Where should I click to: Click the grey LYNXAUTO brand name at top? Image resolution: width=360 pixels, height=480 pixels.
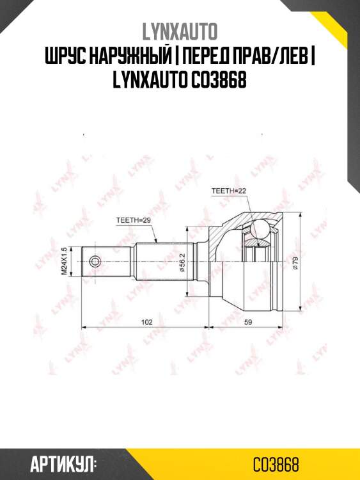180,31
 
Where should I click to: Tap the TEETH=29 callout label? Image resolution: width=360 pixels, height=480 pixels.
133,220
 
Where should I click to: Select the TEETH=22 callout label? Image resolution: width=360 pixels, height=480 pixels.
228,191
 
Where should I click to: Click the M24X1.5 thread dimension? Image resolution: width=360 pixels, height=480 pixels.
64,261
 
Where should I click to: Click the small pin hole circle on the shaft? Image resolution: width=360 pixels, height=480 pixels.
95,261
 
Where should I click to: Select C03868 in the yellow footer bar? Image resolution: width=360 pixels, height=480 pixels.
276,463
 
